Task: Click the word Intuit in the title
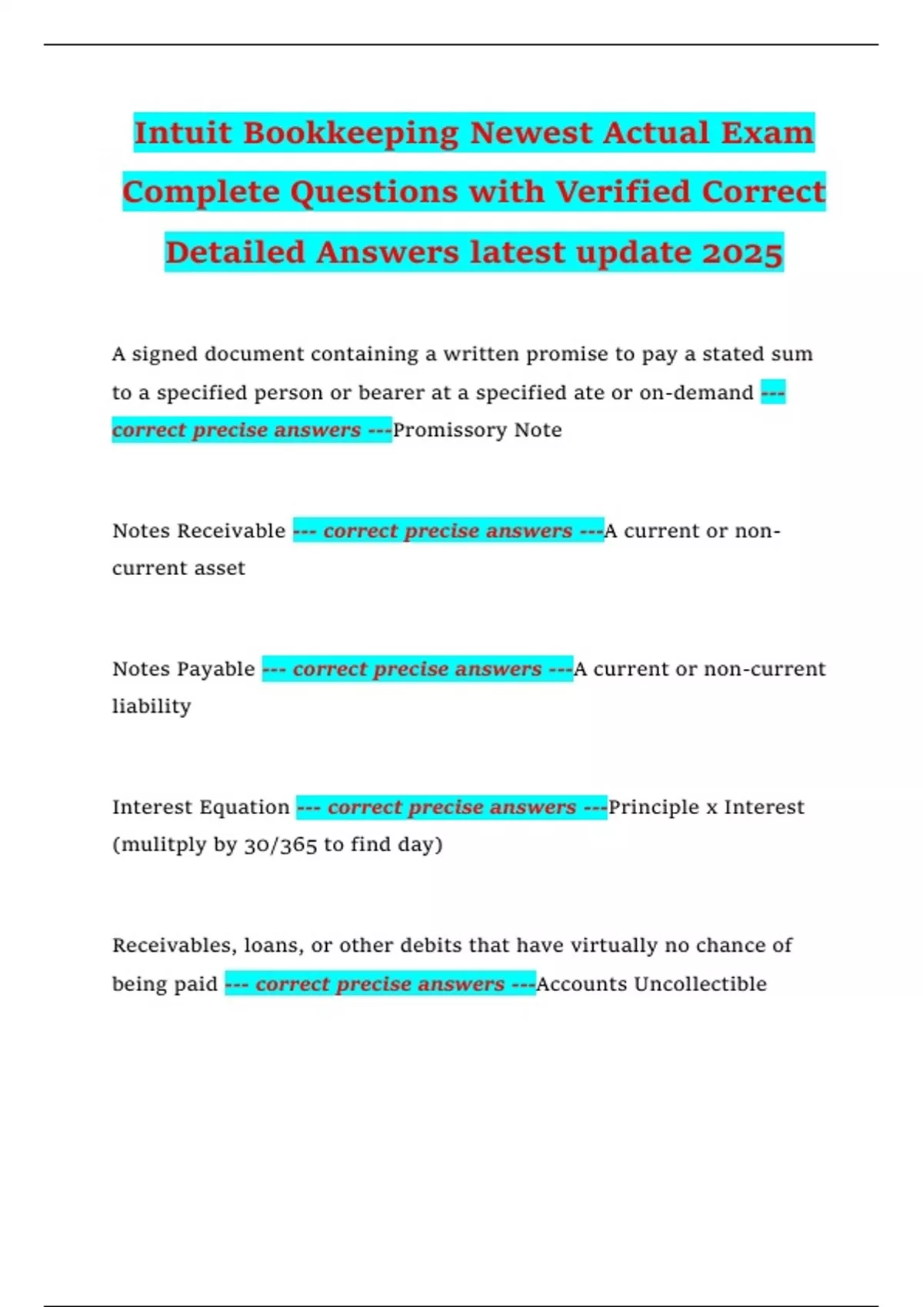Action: (x=182, y=133)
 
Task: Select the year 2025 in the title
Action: (x=741, y=253)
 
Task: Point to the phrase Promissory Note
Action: (x=477, y=430)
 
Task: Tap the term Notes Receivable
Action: (x=198, y=531)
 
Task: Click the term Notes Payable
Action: (x=183, y=669)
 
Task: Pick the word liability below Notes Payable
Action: (x=152, y=707)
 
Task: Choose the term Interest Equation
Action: (x=201, y=807)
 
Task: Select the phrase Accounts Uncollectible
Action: (x=651, y=984)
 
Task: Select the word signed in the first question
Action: (x=165, y=354)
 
